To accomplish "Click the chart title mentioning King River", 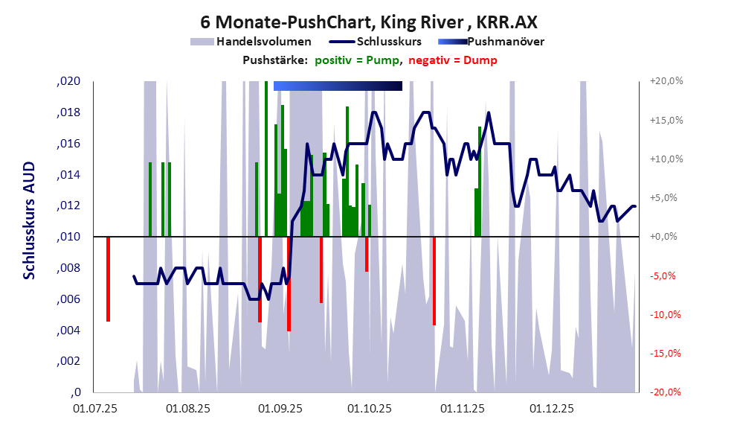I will coord(368,22).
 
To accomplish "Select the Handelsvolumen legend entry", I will coord(251,42).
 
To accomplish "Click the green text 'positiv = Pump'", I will coord(358,60).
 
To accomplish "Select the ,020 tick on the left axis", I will coord(68,82).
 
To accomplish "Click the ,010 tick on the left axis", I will coord(68,237).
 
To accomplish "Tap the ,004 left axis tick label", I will coord(68,331).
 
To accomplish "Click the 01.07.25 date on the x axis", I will coord(95,409).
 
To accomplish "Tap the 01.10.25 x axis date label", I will coord(370,409).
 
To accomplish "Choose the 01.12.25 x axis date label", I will coord(551,409).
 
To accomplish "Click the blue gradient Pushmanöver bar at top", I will coord(338,86).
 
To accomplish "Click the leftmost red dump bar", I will coord(108,279).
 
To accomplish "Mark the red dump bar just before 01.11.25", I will coord(434,281).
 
